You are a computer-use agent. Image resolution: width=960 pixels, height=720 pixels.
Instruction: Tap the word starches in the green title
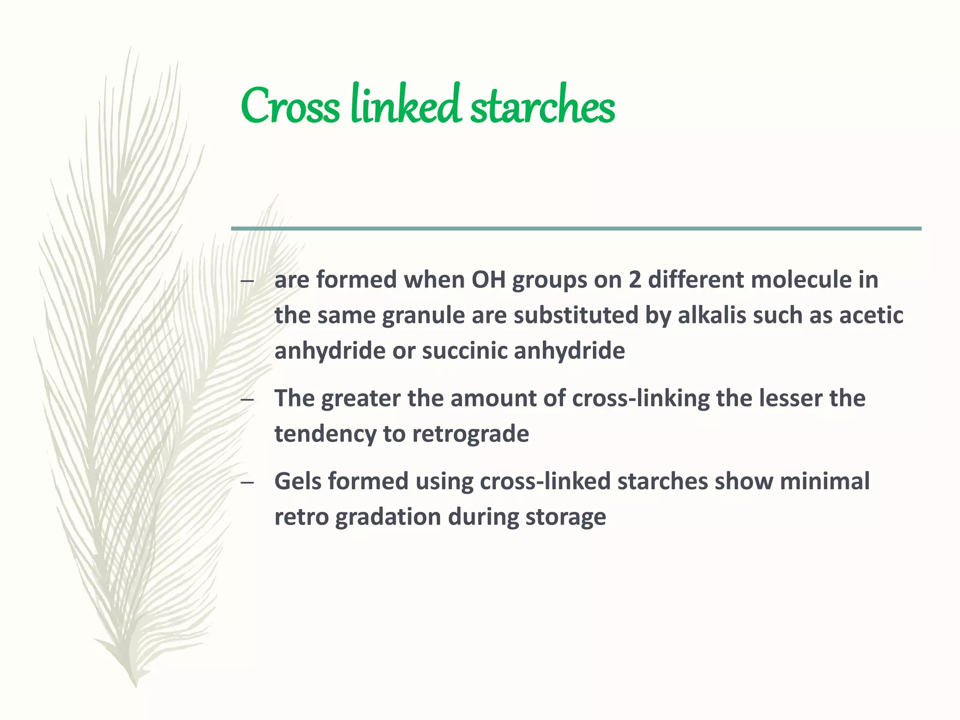[x=542, y=107]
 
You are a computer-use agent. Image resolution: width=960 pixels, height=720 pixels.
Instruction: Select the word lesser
[x=790, y=398]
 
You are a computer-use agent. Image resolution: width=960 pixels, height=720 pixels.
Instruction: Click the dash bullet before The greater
[x=247, y=400]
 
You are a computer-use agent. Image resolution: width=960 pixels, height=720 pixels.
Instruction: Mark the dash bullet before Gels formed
[x=247, y=483]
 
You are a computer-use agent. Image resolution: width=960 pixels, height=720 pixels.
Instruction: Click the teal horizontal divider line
[x=576, y=228]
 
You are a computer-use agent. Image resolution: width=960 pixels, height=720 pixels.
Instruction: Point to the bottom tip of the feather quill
[x=135, y=685]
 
